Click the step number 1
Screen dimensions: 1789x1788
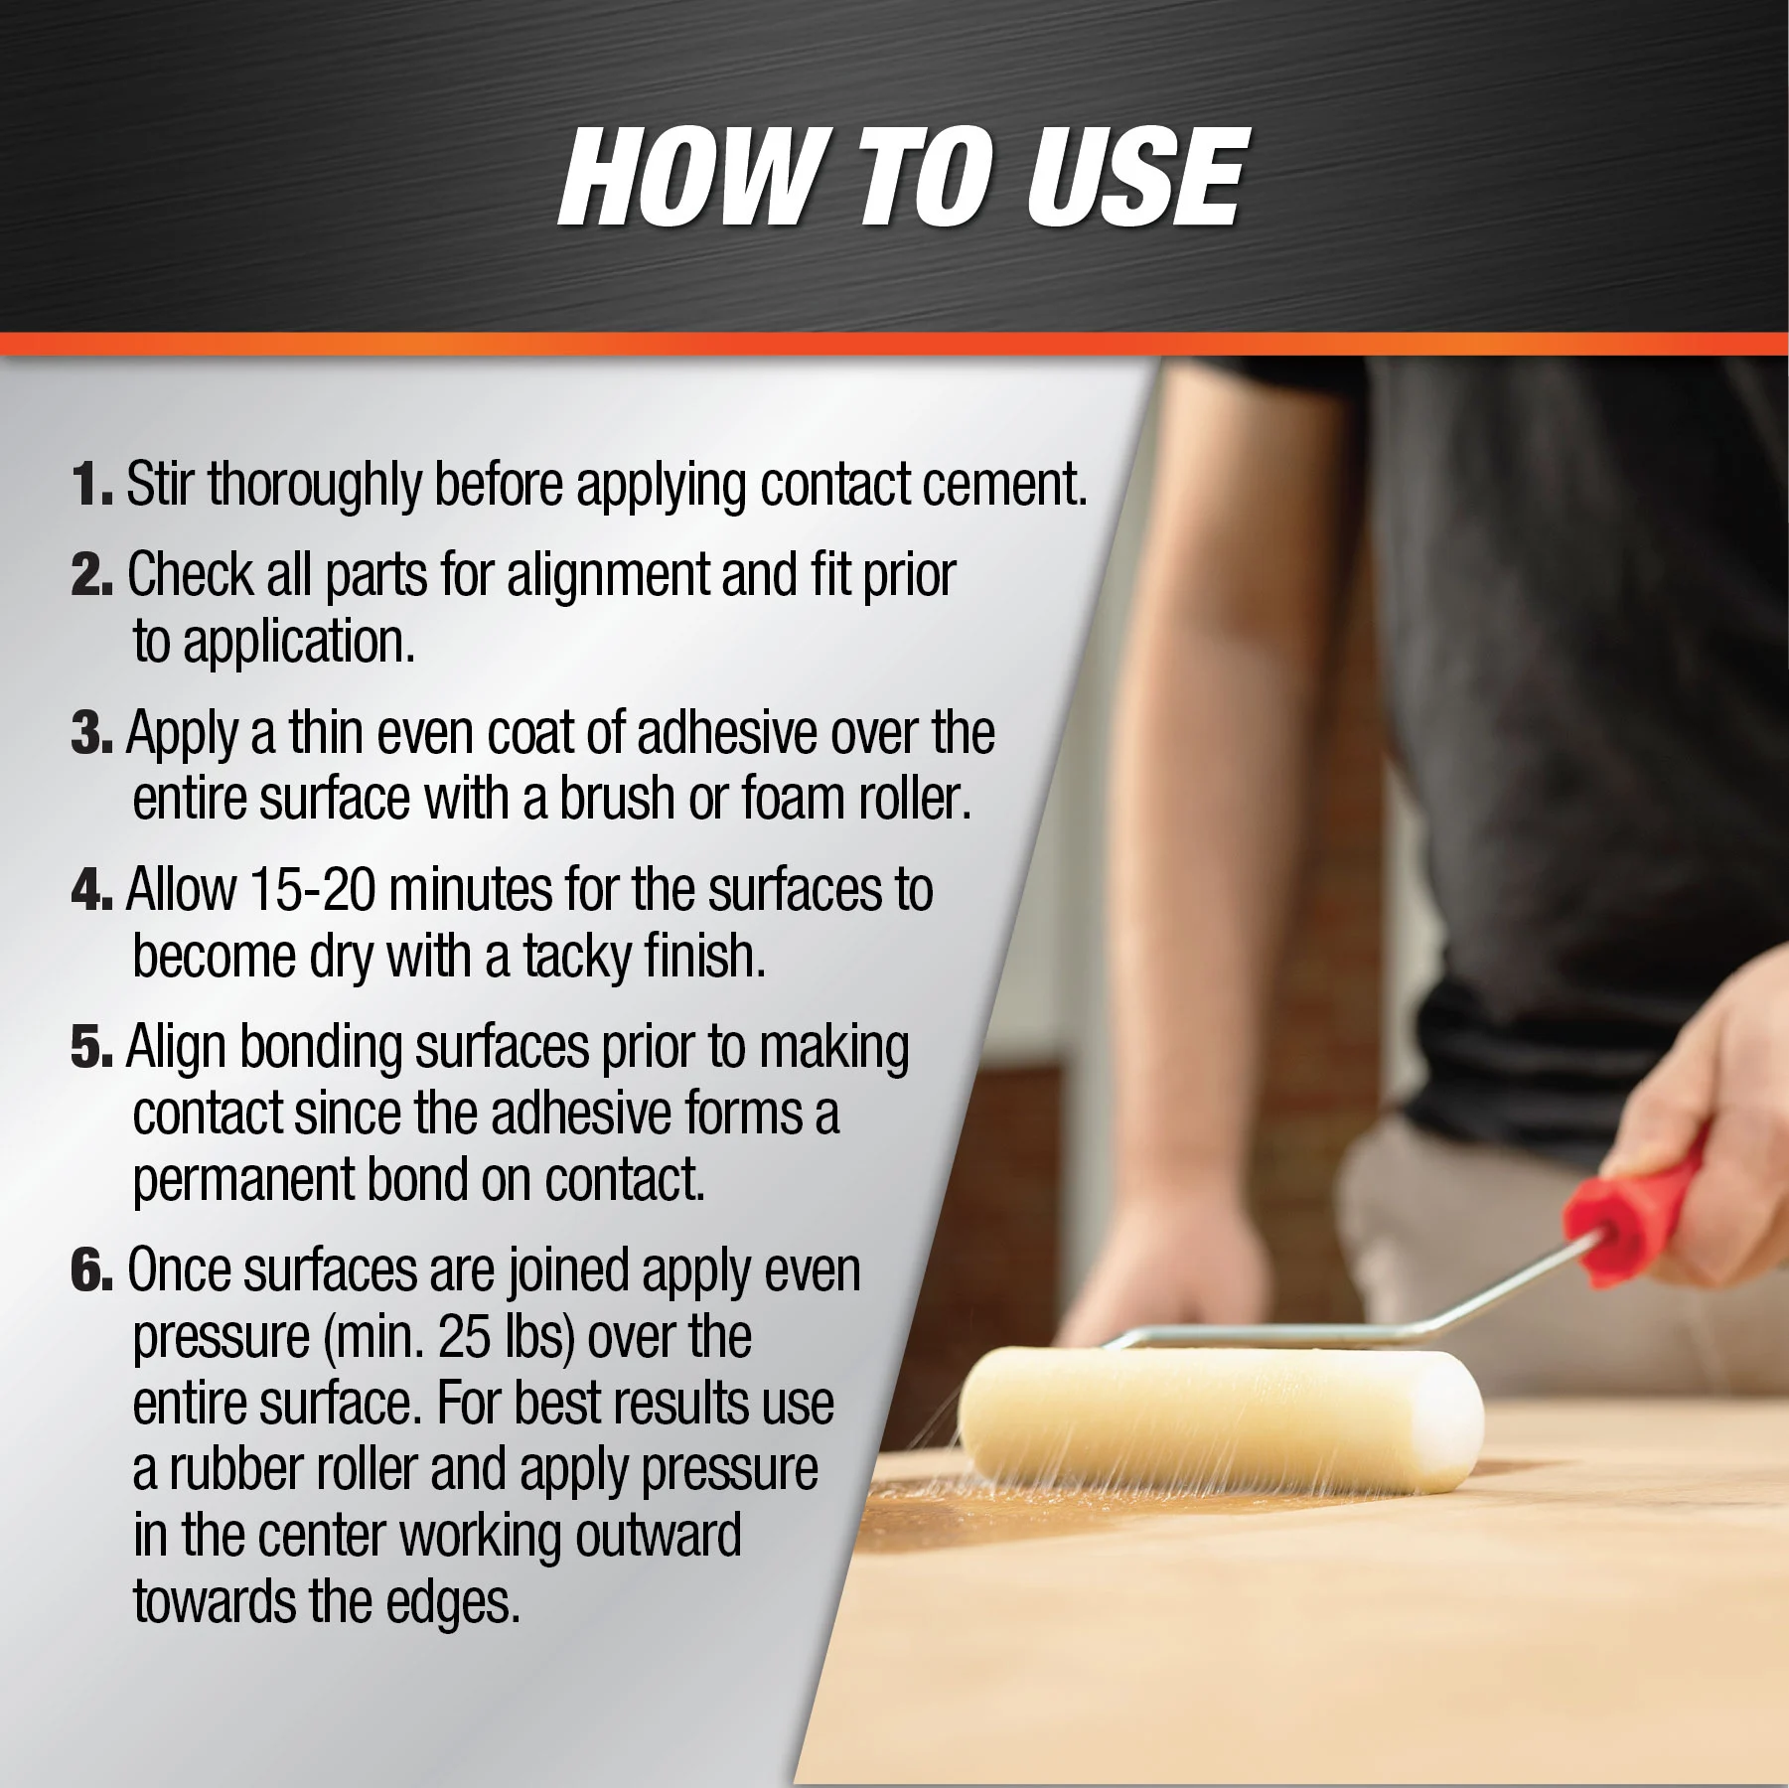92,484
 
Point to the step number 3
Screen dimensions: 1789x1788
92,732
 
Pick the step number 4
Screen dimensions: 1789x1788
92,889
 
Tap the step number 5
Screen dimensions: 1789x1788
92,1047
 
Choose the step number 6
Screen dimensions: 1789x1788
92,1270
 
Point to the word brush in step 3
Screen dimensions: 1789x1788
617,798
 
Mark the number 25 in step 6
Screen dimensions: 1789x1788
464,1337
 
